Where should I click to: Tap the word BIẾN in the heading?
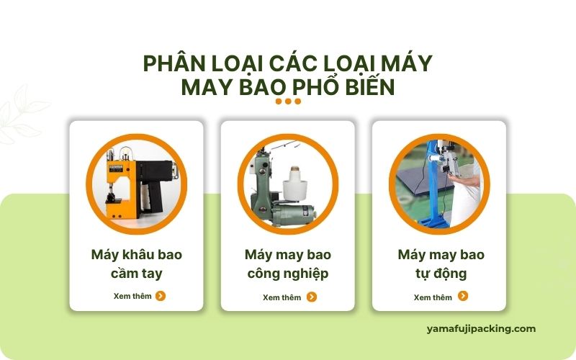point(370,87)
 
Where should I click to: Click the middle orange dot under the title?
point(289,102)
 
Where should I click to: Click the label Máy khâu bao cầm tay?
point(137,264)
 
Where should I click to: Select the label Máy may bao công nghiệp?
point(288,264)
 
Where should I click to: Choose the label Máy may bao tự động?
point(441,264)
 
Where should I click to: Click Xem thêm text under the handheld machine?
point(132,296)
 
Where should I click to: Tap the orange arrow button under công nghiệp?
point(312,297)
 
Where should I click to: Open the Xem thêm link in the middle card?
point(282,297)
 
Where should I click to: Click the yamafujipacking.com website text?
point(481,329)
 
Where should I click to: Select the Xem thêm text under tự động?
point(433,297)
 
